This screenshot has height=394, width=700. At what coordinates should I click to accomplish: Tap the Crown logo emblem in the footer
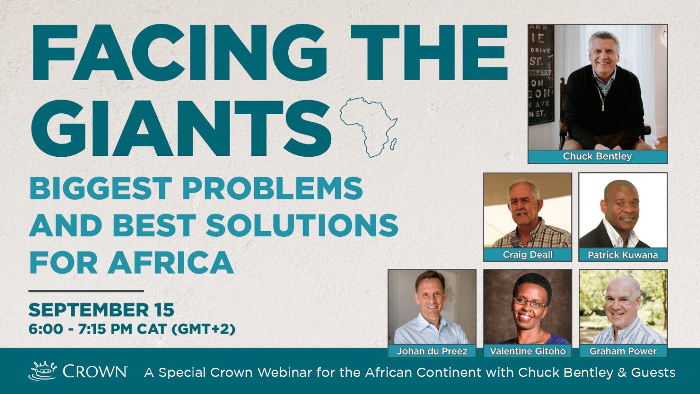(x=43, y=371)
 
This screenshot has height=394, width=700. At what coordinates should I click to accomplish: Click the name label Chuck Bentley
(x=597, y=156)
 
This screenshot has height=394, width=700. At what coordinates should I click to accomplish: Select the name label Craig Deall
(x=528, y=254)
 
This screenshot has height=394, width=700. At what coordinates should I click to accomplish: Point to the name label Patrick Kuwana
(x=623, y=255)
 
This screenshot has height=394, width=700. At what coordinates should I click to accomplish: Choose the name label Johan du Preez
(x=432, y=351)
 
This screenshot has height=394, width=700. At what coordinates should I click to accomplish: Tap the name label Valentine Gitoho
(x=528, y=351)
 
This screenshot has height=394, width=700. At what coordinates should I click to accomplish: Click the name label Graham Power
(x=623, y=351)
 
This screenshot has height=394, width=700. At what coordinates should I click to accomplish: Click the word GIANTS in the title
(x=181, y=128)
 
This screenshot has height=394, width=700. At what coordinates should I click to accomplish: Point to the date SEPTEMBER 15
(x=101, y=310)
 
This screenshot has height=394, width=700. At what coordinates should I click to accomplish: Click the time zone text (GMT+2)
(x=203, y=329)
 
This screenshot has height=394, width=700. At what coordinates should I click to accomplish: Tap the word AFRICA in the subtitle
(x=171, y=262)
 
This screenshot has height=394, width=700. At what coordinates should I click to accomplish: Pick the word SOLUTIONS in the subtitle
(x=302, y=225)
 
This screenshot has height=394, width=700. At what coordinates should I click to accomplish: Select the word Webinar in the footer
(x=285, y=373)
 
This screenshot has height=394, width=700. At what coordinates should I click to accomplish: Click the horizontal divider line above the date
(x=86, y=291)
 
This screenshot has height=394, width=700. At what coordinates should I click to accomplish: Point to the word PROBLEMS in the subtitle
(x=273, y=188)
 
